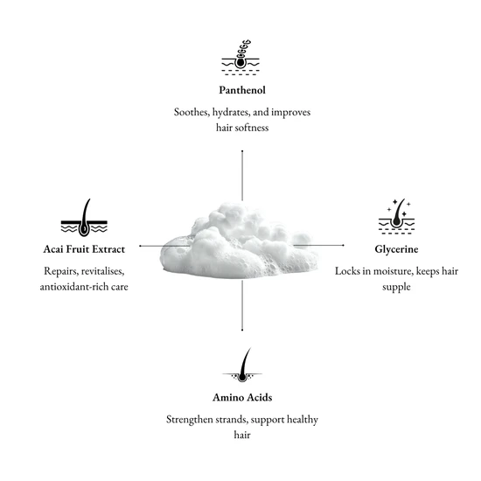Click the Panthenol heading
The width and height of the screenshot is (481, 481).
pos(242,90)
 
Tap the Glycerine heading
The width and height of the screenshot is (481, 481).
pos(396,249)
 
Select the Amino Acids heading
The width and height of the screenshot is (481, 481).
pos(242,398)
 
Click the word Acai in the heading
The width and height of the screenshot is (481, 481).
pos(53,249)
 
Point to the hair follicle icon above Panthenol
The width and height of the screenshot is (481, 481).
pos(240,58)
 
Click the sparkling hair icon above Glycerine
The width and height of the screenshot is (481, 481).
pos(396,217)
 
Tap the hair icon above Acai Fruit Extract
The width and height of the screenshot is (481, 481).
pos(84,218)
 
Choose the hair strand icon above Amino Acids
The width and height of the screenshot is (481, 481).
pos(242,365)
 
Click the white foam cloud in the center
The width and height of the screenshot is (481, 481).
pos(239,241)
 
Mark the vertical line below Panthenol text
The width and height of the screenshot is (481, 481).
pos(242,176)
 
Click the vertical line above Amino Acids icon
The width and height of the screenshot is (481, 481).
pos(242,305)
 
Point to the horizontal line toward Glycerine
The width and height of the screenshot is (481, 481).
pos(318,246)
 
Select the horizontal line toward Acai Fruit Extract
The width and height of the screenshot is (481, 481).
pos(164,246)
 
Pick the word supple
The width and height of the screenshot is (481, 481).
pos(396,288)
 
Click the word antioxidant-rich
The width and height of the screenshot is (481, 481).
pos(70,287)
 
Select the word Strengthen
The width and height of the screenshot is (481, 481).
pos(190,420)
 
